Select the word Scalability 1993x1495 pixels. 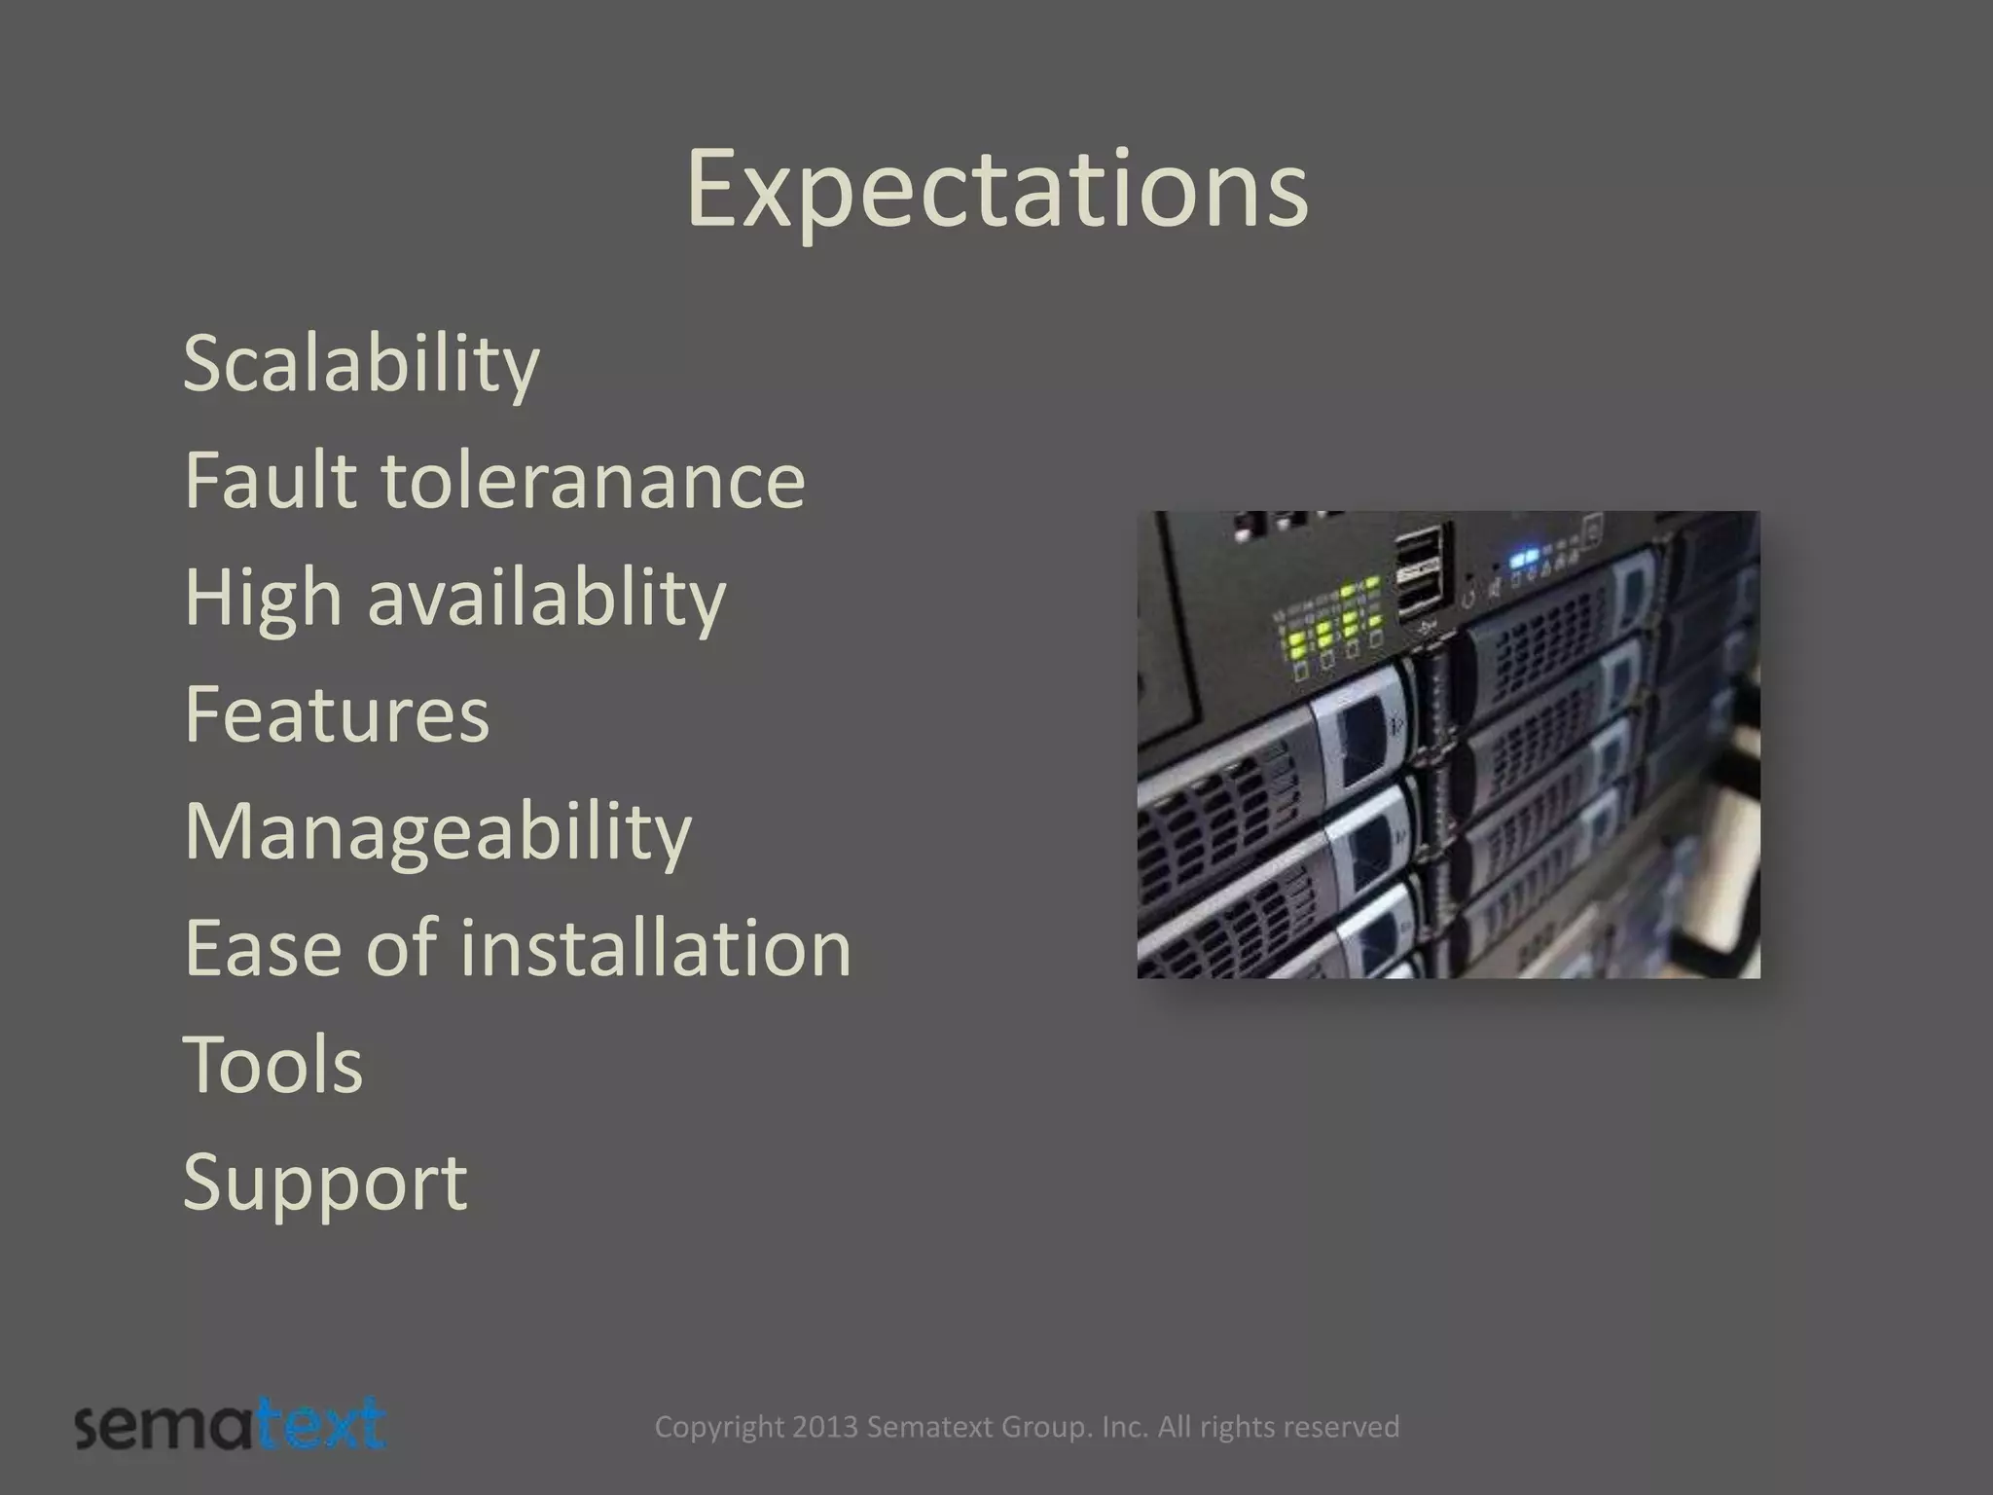(360, 365)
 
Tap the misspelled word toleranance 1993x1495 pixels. (592, 480)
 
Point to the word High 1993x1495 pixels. (263, 599)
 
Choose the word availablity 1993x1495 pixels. (546, 597)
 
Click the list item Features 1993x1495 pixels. (337, 714)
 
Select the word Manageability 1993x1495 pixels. (437, 833)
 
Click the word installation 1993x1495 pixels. (656, 948)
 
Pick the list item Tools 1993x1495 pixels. (272, 1065)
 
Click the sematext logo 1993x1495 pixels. (231, 1426)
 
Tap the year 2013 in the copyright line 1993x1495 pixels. (825, 1427)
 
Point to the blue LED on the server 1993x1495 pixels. (1524, 560)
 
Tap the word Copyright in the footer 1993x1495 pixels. (718, 1427)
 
